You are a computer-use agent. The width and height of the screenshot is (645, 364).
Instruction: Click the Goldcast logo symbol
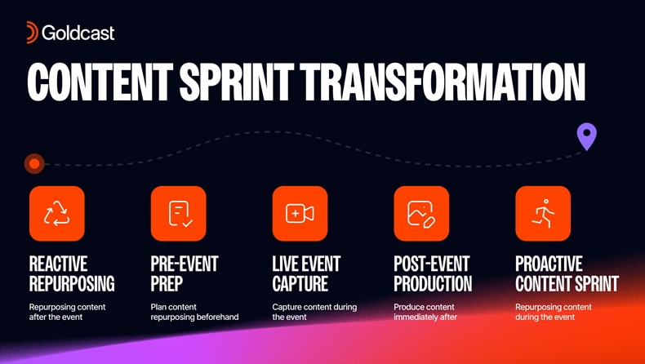click(32, 33)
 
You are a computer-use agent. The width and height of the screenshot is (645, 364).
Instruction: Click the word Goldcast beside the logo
click(78, 33)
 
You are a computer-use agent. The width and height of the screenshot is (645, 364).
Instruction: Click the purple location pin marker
click(586, 136)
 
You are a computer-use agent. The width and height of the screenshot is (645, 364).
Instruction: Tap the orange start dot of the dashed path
click(34, 164)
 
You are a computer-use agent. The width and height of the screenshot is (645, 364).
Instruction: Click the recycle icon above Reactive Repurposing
click(56, 214)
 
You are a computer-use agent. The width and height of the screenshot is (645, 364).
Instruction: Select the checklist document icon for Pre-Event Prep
click(179, 214)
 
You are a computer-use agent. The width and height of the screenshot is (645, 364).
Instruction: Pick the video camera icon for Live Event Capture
click(300, 214)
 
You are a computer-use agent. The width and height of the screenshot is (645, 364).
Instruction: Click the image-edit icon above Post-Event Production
click(421, 214)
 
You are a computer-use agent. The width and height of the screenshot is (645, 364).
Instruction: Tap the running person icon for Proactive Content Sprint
click(543, 214)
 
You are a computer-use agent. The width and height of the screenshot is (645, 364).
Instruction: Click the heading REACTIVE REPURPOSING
click(72, 274)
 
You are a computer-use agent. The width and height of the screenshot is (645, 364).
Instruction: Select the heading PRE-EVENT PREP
click(185, 274)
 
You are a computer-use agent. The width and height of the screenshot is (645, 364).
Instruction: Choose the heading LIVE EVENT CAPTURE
click(306, 274)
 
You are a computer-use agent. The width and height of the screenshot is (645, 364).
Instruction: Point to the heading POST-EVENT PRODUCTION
click(433, 274)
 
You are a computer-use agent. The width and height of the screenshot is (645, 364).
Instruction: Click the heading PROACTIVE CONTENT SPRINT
click(567, 274)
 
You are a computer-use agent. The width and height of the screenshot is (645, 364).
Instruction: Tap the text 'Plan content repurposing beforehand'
click(194, 312)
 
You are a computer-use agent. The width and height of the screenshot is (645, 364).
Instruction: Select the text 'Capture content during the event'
click(314, 312)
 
